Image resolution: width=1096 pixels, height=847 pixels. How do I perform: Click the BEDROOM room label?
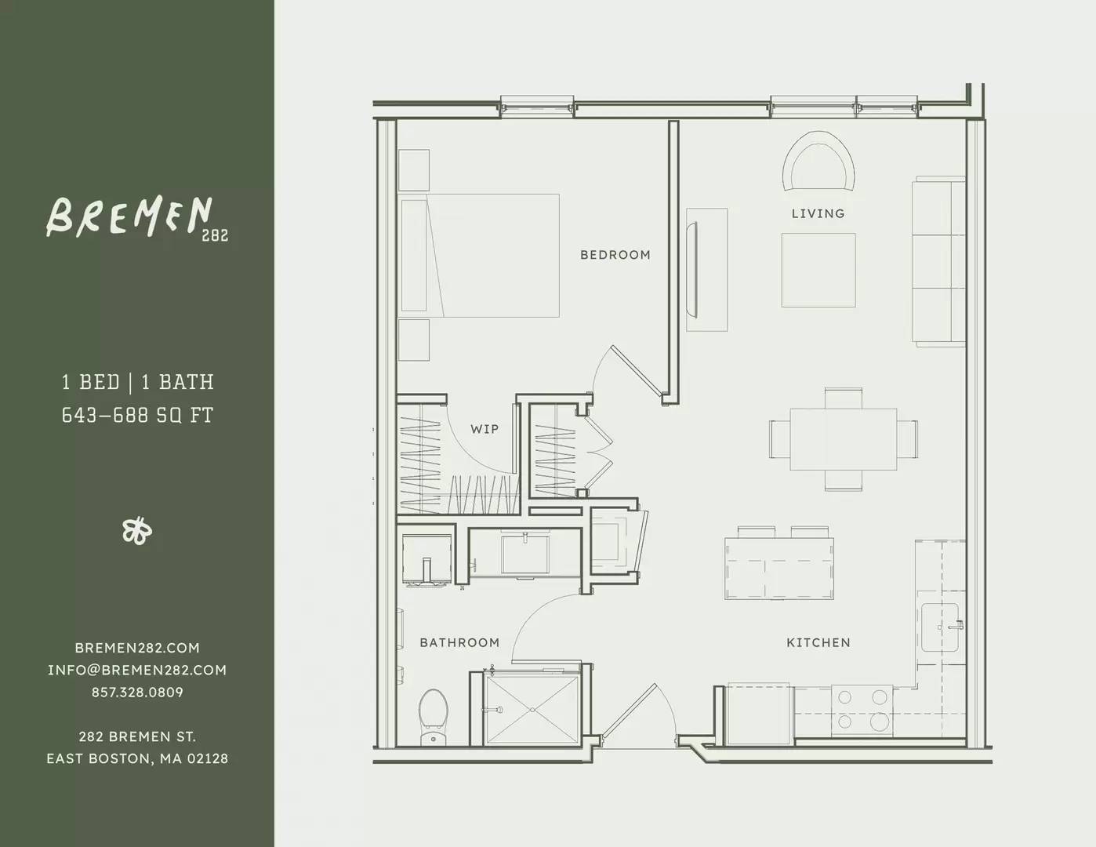click(x=615, y=255)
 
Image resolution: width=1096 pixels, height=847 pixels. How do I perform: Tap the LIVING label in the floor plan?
click(x=818, y=213)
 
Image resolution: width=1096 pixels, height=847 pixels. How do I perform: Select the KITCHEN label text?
click(x=818, y=642)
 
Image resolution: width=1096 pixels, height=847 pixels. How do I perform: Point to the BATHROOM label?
click(x=459, y=642)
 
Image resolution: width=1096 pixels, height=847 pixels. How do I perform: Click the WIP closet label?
click(x=484, y=429)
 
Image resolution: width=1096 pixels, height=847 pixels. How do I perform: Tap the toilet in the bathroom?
click(x=434, y=717)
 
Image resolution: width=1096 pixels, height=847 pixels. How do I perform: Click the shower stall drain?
click(x=532, y=709)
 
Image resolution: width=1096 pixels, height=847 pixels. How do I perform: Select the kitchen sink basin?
click(x=940, y=627)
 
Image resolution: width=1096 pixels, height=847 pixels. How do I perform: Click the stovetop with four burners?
click(x=862, y=710)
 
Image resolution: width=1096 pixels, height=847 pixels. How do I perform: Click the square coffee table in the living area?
click(x=818, y=270)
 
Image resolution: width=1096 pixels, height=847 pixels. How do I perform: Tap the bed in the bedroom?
click(x=479, y=256)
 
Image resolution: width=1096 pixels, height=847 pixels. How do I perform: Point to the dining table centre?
click(x=844, y=439)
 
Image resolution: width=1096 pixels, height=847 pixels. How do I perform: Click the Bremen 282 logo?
click(x=137, y=218)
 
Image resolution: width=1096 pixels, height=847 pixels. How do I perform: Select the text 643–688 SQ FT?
click(x=137, y=415)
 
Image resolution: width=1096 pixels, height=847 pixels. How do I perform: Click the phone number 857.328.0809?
click(x=137, y=693)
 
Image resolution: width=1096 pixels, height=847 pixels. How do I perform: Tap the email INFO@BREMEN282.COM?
click(x=137, y=670)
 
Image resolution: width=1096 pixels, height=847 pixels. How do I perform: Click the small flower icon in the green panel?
click(x=137, y=531)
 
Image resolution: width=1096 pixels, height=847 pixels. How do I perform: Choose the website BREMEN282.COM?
click(x=137, y=648)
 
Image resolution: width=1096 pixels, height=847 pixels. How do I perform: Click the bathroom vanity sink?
click(x=525, y=554)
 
